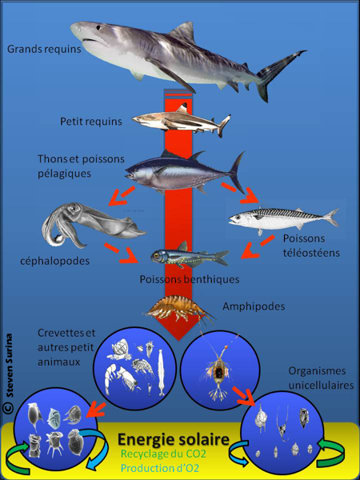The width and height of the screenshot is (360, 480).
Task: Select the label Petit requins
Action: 90,122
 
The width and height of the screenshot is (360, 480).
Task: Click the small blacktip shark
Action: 180,122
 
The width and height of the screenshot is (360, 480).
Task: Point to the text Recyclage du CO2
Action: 164,455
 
